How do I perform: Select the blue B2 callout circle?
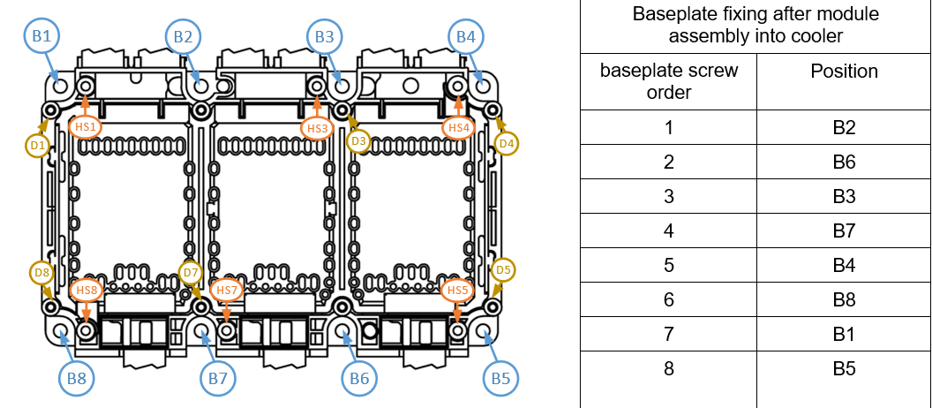[x=183, y=37]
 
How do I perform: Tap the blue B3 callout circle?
[x=325, y=37]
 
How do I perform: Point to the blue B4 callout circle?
[x=466, y=37]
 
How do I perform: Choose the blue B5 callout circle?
[x=501, y=379]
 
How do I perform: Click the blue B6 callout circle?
[x=359, y=379]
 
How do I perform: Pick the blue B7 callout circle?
[x=218, y=379]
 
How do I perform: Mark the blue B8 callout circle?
[x=77, y=379]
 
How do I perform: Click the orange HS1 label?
[x=86, y=127]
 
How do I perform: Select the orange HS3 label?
[x=318, y=128]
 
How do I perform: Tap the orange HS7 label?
[x=227, y=290]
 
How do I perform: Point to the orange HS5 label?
[x=457, y=290]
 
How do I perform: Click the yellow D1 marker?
[x=37, y=144]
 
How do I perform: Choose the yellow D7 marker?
[x=191, y=271]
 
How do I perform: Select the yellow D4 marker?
[x=506, y=143]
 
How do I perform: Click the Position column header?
[x=844, y=71]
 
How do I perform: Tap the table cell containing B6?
[x=844, y=162]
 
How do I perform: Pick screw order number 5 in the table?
[x=668, y=266]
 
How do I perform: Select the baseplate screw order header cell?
[x=668, y=80]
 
